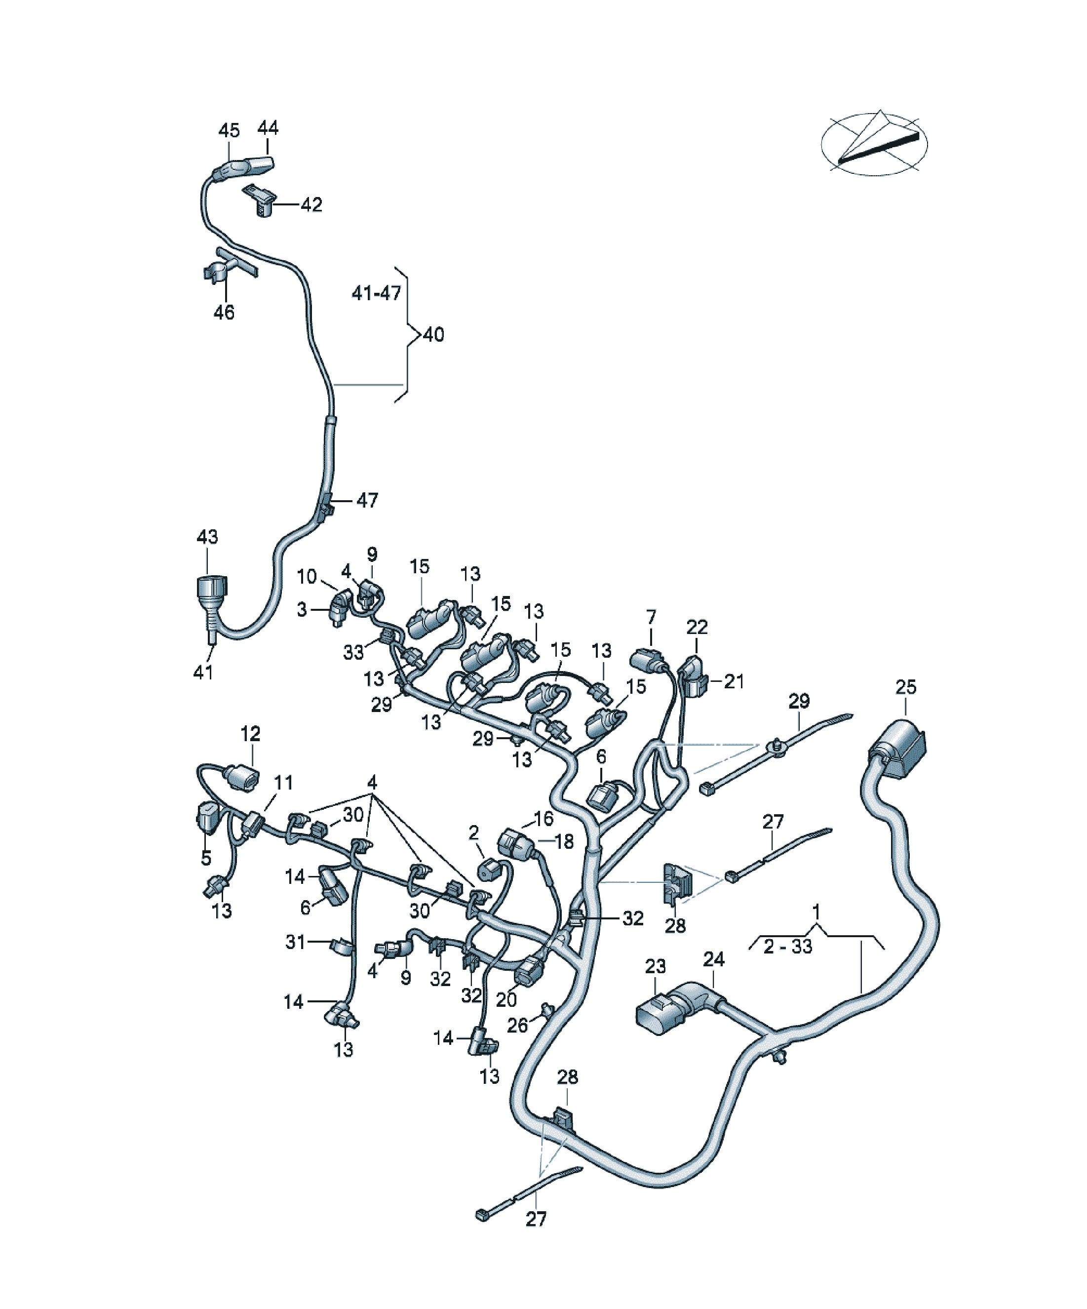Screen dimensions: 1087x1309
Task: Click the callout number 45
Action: [229, 130]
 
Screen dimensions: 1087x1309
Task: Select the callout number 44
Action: [268, 128]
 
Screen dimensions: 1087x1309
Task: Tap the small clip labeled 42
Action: [261, 199]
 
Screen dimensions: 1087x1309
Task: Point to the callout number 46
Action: [225, 312]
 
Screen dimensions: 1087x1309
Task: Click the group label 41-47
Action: [377, 293]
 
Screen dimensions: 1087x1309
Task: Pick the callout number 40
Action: [434, 335]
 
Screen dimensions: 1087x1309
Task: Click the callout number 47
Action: [367, 500]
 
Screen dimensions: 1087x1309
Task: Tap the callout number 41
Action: [204, 672]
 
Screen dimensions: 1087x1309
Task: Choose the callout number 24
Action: [714, 960]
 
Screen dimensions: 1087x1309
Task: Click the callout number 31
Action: [295, 942]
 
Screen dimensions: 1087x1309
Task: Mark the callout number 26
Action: [517, 1026]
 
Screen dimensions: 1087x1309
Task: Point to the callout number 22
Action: [698, 627]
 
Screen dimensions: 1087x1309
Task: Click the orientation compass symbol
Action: [874, 143]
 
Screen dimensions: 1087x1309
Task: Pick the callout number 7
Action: [651, 618]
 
